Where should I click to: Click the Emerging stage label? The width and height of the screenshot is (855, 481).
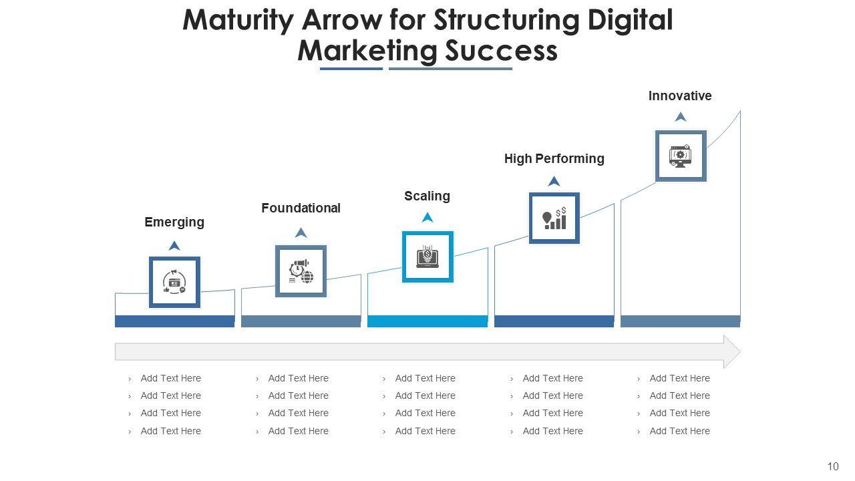pos(174,222)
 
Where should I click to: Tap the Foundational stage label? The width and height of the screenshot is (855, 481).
pos(301,208)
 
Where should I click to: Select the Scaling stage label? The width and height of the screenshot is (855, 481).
pos(427,196)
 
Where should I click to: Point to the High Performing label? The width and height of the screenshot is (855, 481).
pos(554,158)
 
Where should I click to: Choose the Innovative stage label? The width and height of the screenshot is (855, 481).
pos(680,96)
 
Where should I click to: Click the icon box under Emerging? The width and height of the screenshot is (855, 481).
pos(174,282)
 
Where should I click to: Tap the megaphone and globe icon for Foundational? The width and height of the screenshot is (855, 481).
pos(301,271)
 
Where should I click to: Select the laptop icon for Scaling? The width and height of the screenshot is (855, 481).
pos(427,257)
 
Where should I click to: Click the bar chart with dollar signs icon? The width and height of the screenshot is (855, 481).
pos(554,218)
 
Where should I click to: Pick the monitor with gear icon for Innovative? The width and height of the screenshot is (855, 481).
pos(681,156)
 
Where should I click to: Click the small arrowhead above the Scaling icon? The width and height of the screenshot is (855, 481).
pos(427,217)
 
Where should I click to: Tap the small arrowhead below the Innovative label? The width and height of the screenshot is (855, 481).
pos(681,117)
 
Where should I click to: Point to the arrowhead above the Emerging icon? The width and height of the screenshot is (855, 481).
pos(174,246)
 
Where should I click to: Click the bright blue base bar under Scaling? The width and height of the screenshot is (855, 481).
pos(427,321)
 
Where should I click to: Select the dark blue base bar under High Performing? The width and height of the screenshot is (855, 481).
pos(554,321)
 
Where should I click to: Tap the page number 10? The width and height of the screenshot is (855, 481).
pos(832,466)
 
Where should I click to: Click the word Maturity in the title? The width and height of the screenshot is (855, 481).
pos(238,21)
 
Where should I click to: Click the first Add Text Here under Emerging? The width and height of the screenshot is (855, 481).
pos(170,378)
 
